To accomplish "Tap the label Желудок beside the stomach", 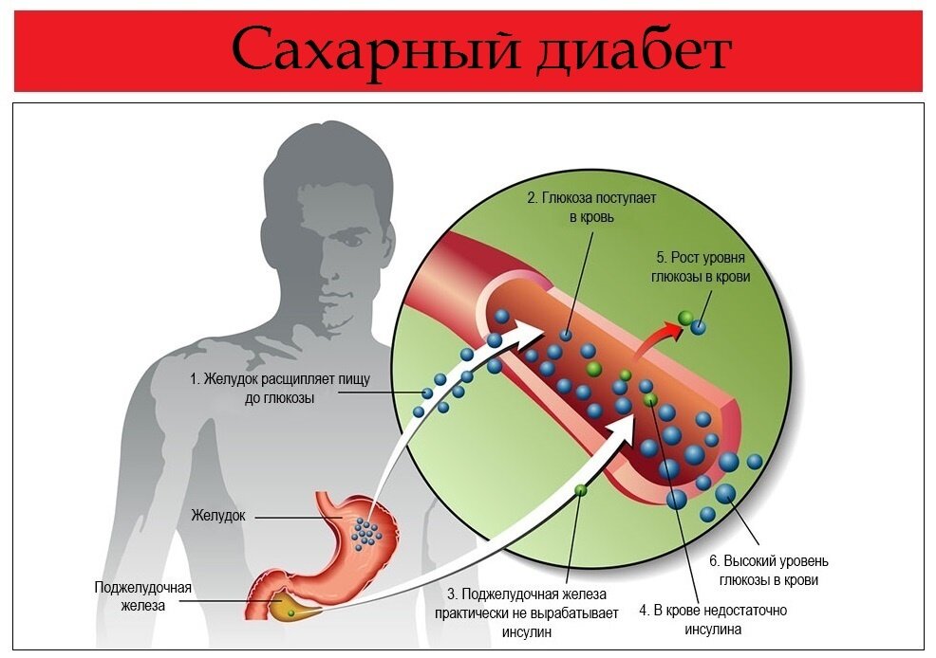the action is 218,516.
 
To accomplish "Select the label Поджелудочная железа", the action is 142,595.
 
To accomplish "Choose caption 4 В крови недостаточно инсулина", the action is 712,619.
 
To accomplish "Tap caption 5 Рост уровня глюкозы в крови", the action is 702,266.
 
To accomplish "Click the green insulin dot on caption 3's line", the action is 580,490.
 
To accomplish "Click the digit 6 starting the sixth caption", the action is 714,559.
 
